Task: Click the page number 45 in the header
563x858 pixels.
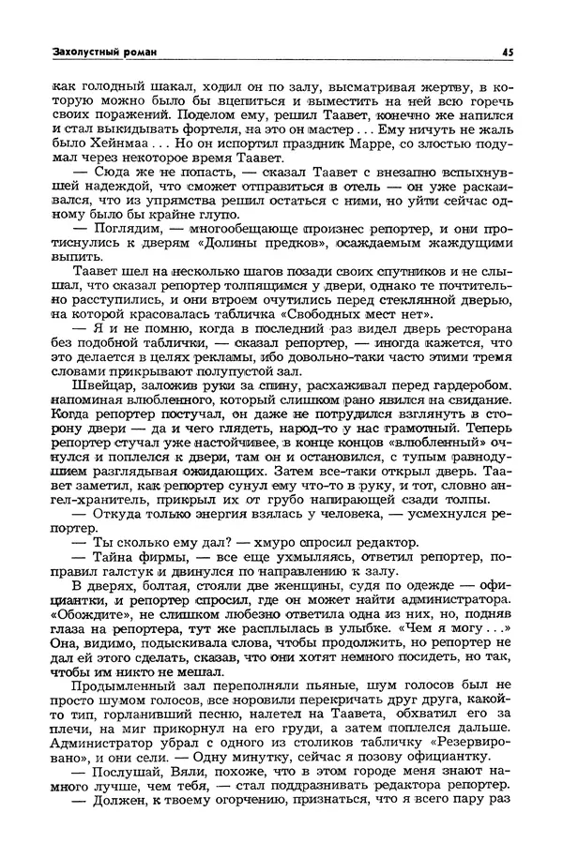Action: tap(506, 52)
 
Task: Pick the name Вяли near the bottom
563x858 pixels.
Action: tap(182, 791)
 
